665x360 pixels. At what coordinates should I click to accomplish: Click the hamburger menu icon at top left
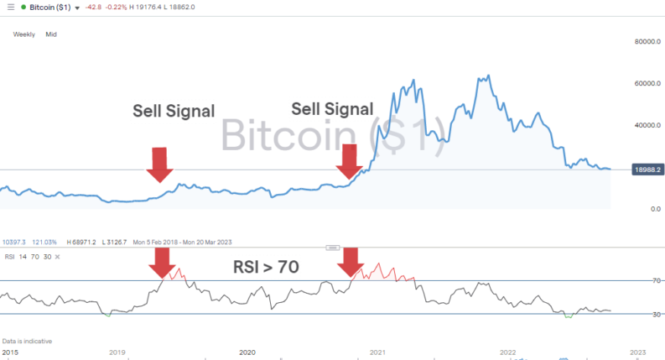pyautogui.click(x=10, y=8)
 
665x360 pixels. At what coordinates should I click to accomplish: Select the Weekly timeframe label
pyautogui.click(x=23, y=34)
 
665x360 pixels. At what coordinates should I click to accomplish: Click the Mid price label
pyautogui.click(x=51, y=34)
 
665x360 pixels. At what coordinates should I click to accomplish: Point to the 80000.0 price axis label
pyautogui.click(x=642, y=41)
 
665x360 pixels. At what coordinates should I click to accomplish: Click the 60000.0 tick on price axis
pyautogui.click(x=642, y=83)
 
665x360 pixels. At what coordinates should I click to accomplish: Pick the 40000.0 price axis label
pyautogui.click(x=642, y=125)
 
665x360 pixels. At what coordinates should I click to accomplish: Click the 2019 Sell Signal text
pyautogui.click(x=174, y=111)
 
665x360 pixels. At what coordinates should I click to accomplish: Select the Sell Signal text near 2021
pyautogui.click(x=332, y=109)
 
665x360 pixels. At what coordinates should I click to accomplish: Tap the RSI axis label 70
pyautogui.click(x=634, y=280)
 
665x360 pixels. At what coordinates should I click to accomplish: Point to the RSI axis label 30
pyautogui.click(x=634, y=314)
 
